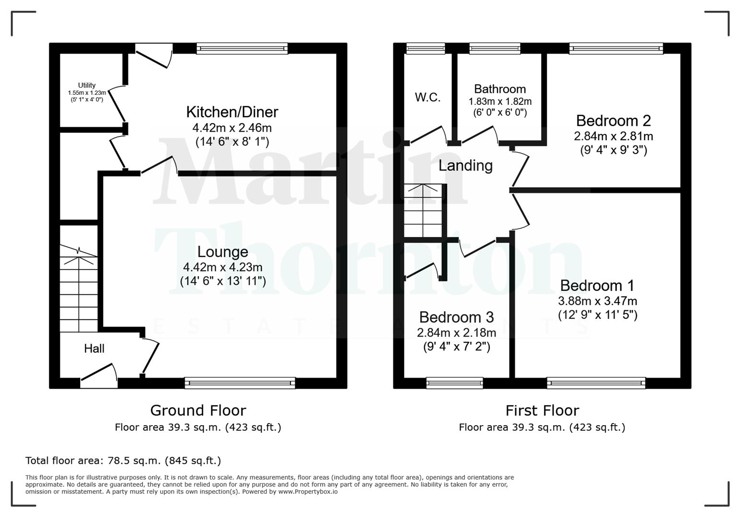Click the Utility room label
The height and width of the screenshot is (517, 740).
pyautogui.click(x=87, y=85)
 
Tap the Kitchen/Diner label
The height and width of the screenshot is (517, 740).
pyautogui.click(x=232, y=112)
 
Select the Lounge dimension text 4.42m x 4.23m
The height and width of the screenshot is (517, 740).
pyautogui.click(x=223, y=267)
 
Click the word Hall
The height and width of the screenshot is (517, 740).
pyautogui.click(x=94, y=348)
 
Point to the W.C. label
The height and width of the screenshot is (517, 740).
pyautogui.click(x=428, y=97)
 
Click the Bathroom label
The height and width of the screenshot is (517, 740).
pyautogui.click(x=500, y=89)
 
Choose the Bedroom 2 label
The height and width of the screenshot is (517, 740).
pyautogui.click(x=613, y=120)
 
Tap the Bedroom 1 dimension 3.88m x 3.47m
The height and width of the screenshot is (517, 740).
pyautogui.click(x=598, y=301)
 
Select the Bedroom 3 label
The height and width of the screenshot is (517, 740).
pyautogui.click(x=456, y=317)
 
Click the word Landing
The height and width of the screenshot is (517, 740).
pyautogui.click(x=465, y=166)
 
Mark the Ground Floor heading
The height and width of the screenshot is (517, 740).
pyautogui.click(x=198, y=410)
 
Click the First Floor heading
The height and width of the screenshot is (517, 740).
pyautogui.click(x=542, y=410)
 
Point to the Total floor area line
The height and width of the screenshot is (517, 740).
pyautogui.click(x=123, y=461)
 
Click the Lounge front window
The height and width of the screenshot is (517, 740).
pyautogui.click(x=240, y=382)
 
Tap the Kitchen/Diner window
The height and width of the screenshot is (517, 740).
pyautogui.click(x=242, y=48)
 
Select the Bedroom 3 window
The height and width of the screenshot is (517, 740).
pyautogui.click(x=454, y=382)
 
